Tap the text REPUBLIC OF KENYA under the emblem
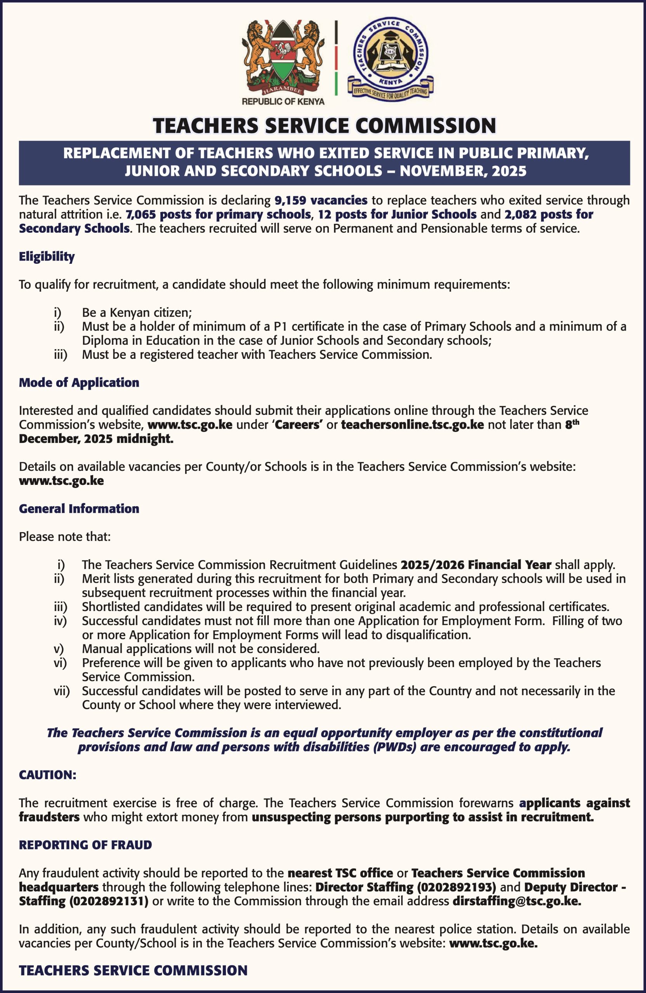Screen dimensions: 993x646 point(283,101)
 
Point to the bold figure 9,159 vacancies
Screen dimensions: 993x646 point(321,201)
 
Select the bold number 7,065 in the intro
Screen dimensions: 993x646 point(142,215)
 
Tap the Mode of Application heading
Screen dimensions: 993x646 point(79,382)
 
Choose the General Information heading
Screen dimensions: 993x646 point(79,508)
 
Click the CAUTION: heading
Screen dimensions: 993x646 point(48,774)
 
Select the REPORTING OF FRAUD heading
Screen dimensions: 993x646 point(85,844)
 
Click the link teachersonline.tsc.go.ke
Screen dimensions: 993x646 point(412,425)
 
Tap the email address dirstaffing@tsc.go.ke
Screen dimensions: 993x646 point(517,901)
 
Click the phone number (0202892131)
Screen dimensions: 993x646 point(109,901)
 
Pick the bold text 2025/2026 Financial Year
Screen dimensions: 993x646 point(476,564)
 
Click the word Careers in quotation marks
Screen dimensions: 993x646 point(297,425)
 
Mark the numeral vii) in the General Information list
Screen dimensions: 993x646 point(61,690)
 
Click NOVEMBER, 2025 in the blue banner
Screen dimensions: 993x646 point(463,171)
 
